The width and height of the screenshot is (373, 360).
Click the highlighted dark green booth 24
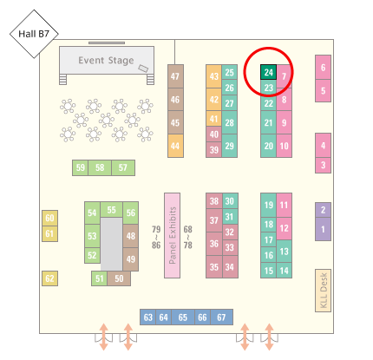[268, 72]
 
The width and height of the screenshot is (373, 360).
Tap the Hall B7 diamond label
[34, 34]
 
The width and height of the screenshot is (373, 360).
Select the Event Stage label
[106, 61]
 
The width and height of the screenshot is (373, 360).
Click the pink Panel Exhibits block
[172, 235]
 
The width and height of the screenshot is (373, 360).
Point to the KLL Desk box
[323, 291]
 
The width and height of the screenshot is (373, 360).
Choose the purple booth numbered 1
[323, 229]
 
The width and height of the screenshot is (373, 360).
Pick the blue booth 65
[183, 317]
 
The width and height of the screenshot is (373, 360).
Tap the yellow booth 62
[49, 278]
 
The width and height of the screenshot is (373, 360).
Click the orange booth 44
[175, 146]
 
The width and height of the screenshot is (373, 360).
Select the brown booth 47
[175, 76]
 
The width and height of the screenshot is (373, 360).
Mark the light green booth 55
[111, 210]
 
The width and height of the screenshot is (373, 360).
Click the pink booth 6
[323, 68]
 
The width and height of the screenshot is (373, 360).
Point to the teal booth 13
[284, 252]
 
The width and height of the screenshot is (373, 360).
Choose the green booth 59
[81, 167]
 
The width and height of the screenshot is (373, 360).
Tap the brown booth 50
[119, 278]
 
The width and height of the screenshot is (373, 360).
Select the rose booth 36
[214, 244]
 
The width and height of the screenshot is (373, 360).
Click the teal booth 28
[229, 122]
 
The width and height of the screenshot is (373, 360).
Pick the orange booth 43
[213, 76]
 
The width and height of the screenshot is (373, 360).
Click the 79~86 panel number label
[156, 237]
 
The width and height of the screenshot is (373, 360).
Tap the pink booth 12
[284, 228]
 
